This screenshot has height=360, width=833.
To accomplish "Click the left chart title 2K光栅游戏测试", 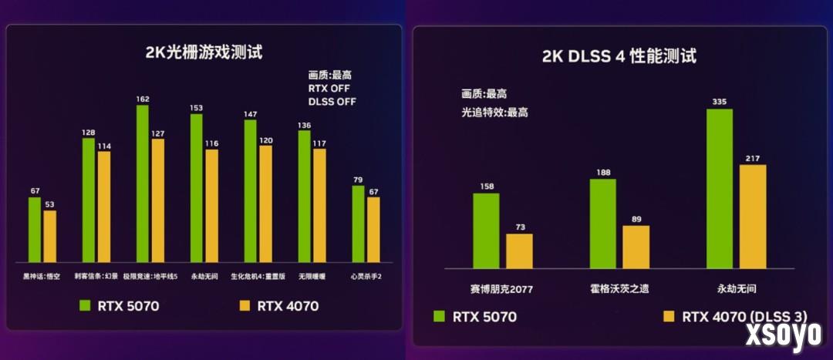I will point(204,53).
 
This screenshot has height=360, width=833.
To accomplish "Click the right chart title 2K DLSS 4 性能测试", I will point(619,56).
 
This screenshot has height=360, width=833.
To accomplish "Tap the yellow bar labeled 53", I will point(49,236).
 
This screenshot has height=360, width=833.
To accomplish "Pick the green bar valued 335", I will point(719,188).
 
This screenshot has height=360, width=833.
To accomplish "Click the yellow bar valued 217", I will point(753,217).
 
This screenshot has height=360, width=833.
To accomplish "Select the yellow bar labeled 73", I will point(519,251).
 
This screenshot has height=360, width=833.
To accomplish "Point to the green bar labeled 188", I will point(602,224).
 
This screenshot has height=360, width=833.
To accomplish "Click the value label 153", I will point(197,108).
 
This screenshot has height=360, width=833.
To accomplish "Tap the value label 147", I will point(250,114).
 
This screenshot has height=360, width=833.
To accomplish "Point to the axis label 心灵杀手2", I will point(366,276).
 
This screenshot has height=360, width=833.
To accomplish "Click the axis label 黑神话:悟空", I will point(42,276).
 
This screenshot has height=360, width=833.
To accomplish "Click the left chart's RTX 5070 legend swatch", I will point(86,306).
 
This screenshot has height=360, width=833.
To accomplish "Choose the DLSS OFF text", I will point(332,101).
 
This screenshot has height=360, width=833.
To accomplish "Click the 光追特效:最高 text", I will point(494,112).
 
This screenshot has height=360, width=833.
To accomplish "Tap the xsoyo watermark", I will point(782,335).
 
